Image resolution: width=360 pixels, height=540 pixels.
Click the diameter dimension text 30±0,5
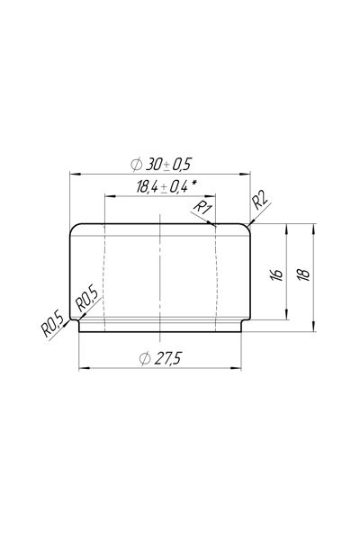tap(168, 165)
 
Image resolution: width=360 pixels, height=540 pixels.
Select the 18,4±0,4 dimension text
tap(162, 187)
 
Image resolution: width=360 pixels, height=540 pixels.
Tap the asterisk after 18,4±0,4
tap(194, 184)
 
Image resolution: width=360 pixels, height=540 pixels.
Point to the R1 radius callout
tap(202, 208)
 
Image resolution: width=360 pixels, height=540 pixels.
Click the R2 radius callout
tap(260, 202)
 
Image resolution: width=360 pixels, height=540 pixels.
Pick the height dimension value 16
tap(276, 274)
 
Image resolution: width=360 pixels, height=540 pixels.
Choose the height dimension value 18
tap(304, 274)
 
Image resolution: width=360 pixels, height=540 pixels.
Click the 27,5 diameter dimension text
tap(167, 359)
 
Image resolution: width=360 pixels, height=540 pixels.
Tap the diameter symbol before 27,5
tap(145, 359)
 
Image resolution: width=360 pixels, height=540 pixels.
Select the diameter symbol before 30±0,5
tap(137, 165)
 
